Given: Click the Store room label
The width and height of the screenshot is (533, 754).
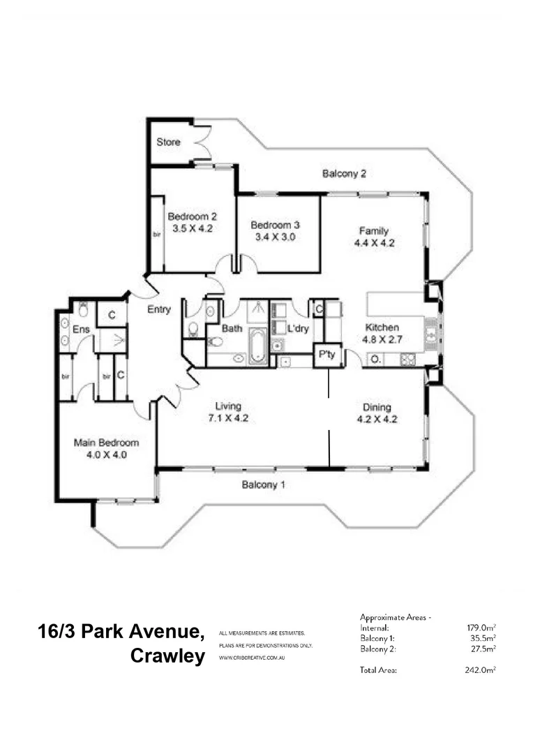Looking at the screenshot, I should coord(168,142).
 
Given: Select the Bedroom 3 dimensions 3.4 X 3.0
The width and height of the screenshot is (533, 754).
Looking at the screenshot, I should coord(275,237).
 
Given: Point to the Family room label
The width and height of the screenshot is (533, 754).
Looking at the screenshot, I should coord(373,231).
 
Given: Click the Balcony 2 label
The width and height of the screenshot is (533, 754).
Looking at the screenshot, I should coord(344,174).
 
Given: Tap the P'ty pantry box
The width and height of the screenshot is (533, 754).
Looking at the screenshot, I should coord(326,355).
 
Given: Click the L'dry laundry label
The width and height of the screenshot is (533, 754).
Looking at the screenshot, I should coord(299,327).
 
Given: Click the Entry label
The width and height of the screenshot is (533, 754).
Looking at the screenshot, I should coord(159,310).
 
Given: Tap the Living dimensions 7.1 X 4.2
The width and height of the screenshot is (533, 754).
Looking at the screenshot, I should coord(227,418).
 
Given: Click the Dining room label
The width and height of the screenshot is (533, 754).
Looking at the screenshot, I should coord(377,407).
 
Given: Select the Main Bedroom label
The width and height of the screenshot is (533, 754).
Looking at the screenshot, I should coord(107,443).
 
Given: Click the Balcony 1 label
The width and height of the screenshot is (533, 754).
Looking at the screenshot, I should coord(264,485).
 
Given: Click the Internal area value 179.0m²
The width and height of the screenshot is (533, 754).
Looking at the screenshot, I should coord(481,628).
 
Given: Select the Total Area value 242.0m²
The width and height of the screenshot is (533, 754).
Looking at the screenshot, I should coord(481,670).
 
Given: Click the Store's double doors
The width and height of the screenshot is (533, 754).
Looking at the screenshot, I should coord(202,143).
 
